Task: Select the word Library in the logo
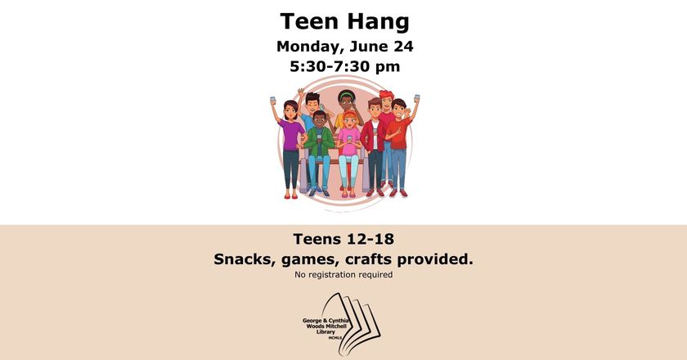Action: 326,332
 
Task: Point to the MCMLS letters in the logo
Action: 335,338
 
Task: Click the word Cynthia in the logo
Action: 338,321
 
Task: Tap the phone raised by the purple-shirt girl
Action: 272,100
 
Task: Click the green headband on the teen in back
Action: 347,95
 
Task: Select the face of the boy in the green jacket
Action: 320,119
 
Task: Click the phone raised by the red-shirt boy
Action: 416,98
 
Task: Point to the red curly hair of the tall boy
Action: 386,95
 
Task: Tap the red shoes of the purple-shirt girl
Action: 290,196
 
